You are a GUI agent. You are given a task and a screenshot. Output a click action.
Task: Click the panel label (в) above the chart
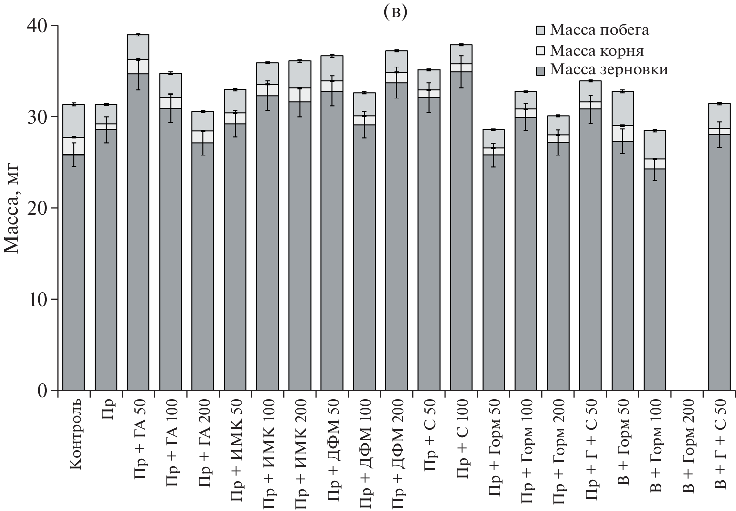pyautogui.click(x=395, y=13)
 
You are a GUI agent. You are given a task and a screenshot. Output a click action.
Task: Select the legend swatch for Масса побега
pyautogui.click(x=541, y=30)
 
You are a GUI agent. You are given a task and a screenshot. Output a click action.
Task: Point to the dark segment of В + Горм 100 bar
pyautogui.click(x=655, y=280)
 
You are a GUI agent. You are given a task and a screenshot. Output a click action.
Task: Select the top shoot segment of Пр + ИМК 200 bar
pyautogui.click(x=300, y=74)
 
